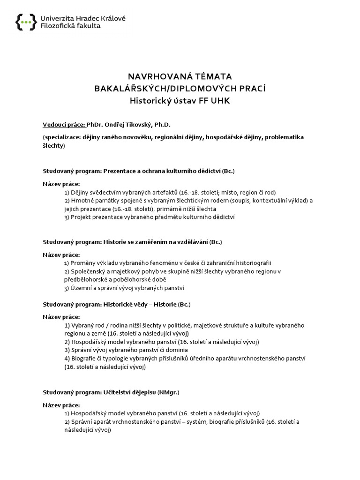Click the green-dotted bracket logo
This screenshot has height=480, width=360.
(x=25, y=22)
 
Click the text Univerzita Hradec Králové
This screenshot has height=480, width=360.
(x=83, y=18)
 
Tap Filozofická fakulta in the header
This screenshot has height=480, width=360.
(x=70, y=26)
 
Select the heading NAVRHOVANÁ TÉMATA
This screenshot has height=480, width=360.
(x=180, y=76)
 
